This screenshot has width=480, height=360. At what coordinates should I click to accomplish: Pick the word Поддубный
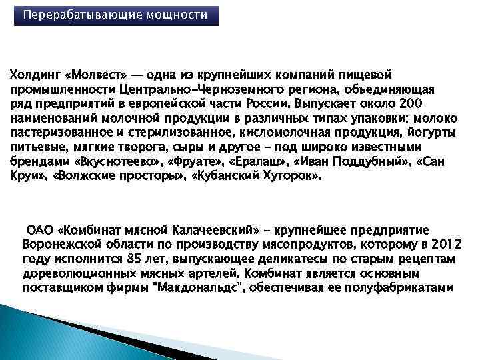coord(365,162)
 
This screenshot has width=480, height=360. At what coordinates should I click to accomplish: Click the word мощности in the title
coord(181,15)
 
